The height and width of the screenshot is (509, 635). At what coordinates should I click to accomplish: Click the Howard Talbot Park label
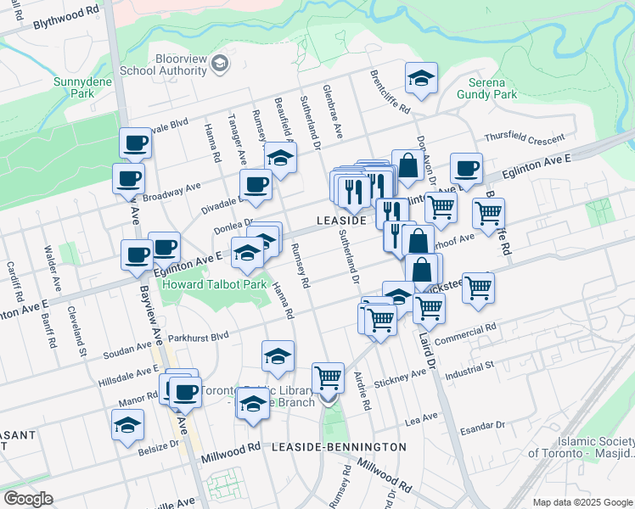[x=215, y=284]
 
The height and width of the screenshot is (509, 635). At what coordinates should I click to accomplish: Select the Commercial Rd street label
[x=465, y=335]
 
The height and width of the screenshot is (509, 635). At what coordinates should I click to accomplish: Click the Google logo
[x=28, y=498]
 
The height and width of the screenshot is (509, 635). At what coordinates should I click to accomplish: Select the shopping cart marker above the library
[x=328, y=377]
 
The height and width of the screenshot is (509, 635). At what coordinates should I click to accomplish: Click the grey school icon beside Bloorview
[x=219, y=64]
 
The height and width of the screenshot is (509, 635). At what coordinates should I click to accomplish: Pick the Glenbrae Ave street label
[x=332, y=111]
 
